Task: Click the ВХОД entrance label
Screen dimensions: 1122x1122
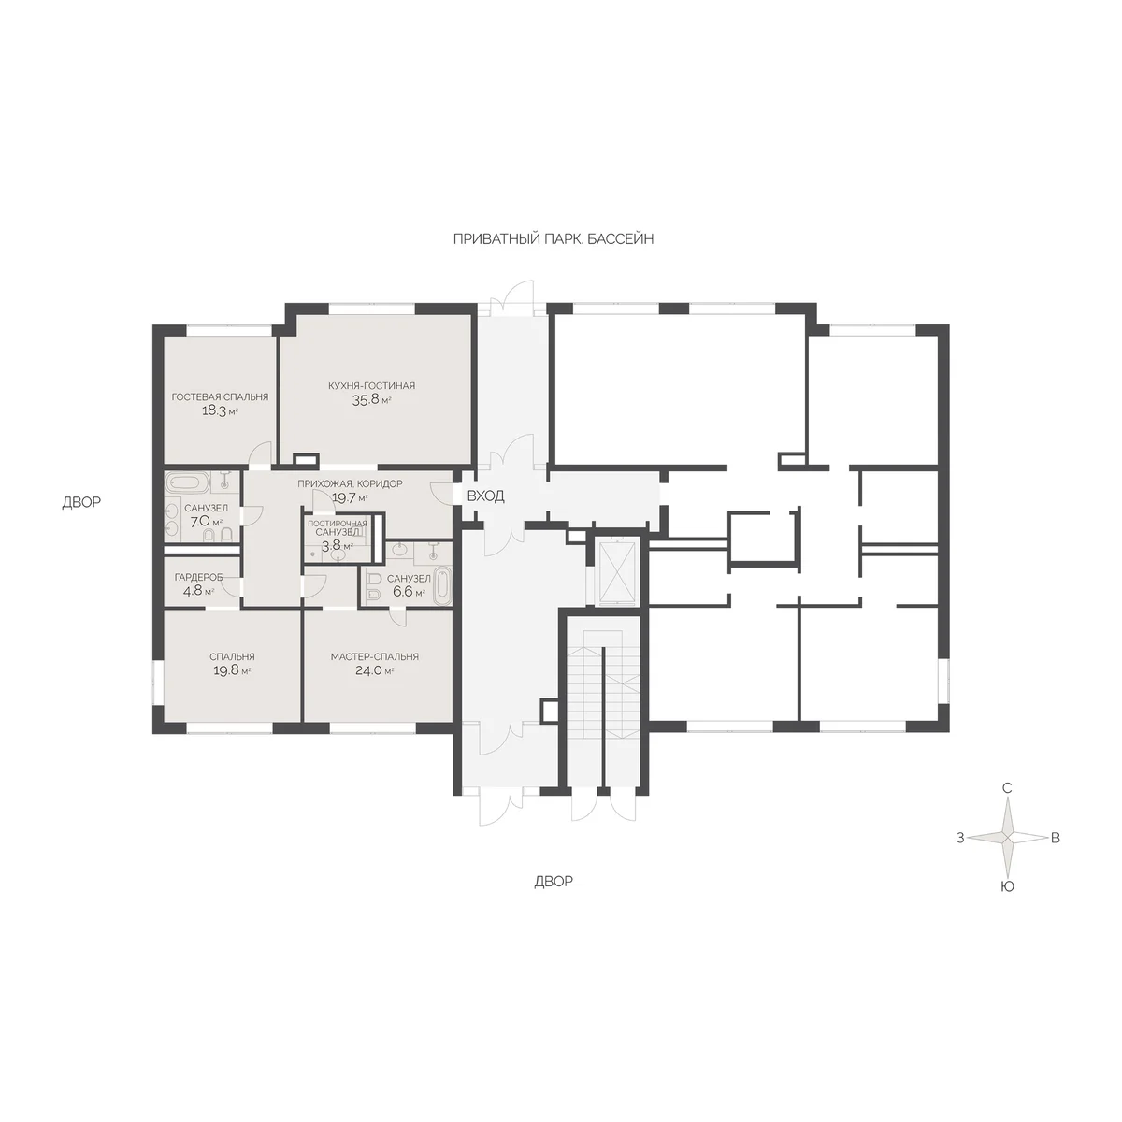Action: [x=485, y=496]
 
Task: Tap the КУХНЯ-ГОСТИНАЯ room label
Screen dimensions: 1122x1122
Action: [x=371, y=385]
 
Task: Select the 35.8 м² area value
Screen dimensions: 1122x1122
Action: [x=371, y=400]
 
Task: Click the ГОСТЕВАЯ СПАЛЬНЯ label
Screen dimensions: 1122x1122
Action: [x=220, y=397]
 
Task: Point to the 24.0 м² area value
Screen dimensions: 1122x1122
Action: [x=374, y=670]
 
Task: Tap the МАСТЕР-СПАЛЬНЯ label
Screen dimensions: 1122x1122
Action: [x=374, y=656]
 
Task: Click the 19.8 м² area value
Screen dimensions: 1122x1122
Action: [x=232, y=670]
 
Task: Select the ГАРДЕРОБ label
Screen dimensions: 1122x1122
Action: [x=198, y=578]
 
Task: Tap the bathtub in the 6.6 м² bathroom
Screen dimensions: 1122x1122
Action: [x=442, y=584]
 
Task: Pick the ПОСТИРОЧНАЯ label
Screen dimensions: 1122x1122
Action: [x=338, y=524]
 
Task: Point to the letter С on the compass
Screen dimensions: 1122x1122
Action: [x=1007, y=788]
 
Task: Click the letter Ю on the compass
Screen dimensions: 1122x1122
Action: [x=1007, y=886]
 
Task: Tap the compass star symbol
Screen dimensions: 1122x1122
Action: [x=1007, y=837]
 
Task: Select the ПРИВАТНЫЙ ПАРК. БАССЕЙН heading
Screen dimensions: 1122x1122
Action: [x=554, y=239]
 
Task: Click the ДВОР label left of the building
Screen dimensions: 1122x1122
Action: [x=81, y=502]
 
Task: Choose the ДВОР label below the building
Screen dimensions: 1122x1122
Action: [x=554, y=882]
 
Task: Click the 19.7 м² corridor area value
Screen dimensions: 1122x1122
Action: [x=350, y=497]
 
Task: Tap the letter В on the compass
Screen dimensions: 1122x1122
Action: [x=1055, y=838]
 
